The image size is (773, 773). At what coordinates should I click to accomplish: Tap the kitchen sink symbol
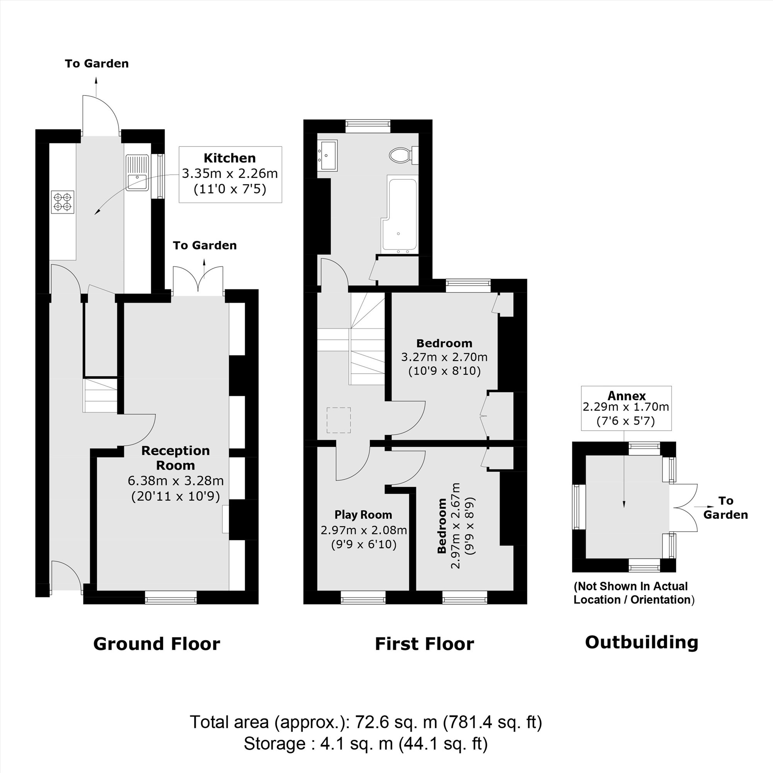[137, 173]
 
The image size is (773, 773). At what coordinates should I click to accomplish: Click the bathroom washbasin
[327, 155]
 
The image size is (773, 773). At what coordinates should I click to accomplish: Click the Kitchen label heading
[230, 158]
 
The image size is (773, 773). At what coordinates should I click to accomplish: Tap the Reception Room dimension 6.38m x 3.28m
[175, 480]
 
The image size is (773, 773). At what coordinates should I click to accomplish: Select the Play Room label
[363, 514]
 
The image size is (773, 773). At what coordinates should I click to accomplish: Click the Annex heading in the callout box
[627, 396]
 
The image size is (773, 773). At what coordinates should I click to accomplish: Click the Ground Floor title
[157, 644]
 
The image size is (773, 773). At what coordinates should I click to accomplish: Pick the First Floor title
[424, 644]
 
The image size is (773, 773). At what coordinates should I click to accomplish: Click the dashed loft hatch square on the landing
[339, 420]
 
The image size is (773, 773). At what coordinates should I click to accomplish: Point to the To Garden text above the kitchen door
[97, 64]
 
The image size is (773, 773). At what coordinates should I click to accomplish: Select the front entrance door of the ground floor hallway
[66, 575]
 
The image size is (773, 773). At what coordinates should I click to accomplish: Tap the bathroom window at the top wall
[368, 126]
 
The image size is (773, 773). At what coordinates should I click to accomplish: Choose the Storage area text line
[365, 744]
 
